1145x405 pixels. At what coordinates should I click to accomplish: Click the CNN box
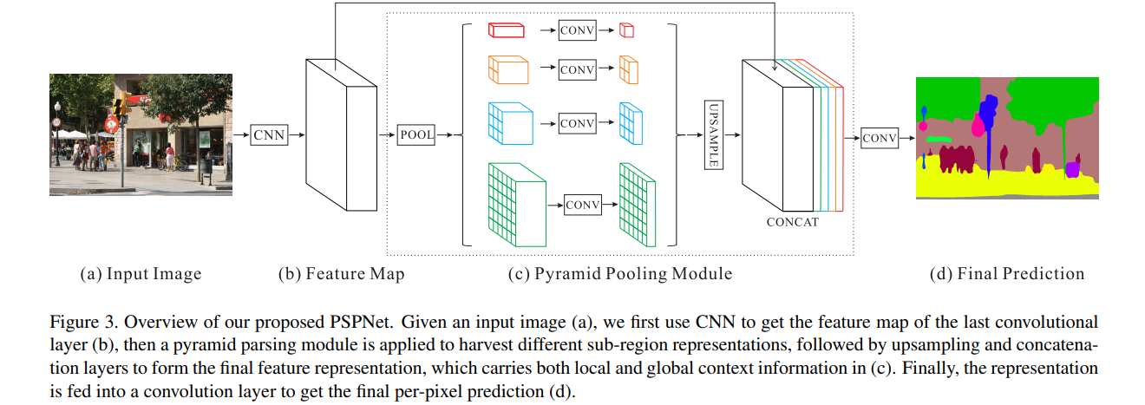click(x=269, y=135)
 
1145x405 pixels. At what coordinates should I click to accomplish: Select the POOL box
click(x=415, y=135)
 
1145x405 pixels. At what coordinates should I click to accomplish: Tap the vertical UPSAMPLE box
click(x=712, y=134)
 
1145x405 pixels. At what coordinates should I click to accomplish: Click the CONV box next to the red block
click(x=577, y=30)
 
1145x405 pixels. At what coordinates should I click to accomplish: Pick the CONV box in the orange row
click(x=577, y=69)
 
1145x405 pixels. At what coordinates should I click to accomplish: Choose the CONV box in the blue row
click(x=577, y=123)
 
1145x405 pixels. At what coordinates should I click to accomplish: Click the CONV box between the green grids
click(x=583, y=205)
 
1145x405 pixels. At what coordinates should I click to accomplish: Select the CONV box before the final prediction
click(x=879, y=138)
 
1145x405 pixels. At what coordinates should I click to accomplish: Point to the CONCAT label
click(x=792, y=223)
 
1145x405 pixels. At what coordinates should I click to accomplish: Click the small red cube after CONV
click(x=626, y=30)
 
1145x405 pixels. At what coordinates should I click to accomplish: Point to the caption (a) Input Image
click(x=141, y=274)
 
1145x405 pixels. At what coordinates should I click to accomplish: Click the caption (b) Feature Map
click(x=341, y=274)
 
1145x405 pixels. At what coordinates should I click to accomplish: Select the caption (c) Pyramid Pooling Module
click(x=620, y=274)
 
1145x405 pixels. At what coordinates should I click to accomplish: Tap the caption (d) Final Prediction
click(x=1007, y=274)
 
